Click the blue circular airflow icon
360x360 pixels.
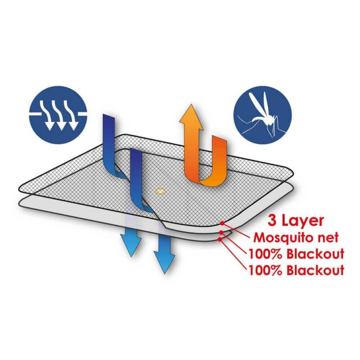pos(58,115)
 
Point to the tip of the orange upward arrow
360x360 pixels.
pos(191,105)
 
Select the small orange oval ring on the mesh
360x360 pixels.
pos(161,191)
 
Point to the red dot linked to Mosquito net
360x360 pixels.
pos(222,223)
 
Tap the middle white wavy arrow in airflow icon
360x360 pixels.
pos(59,115)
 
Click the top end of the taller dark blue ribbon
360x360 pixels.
pos(108,116)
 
